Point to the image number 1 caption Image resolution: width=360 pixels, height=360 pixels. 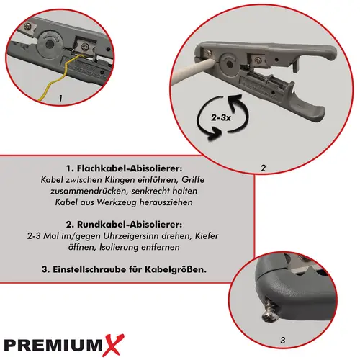(60, 96)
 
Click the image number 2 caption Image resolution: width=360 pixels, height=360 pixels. (264, 168)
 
